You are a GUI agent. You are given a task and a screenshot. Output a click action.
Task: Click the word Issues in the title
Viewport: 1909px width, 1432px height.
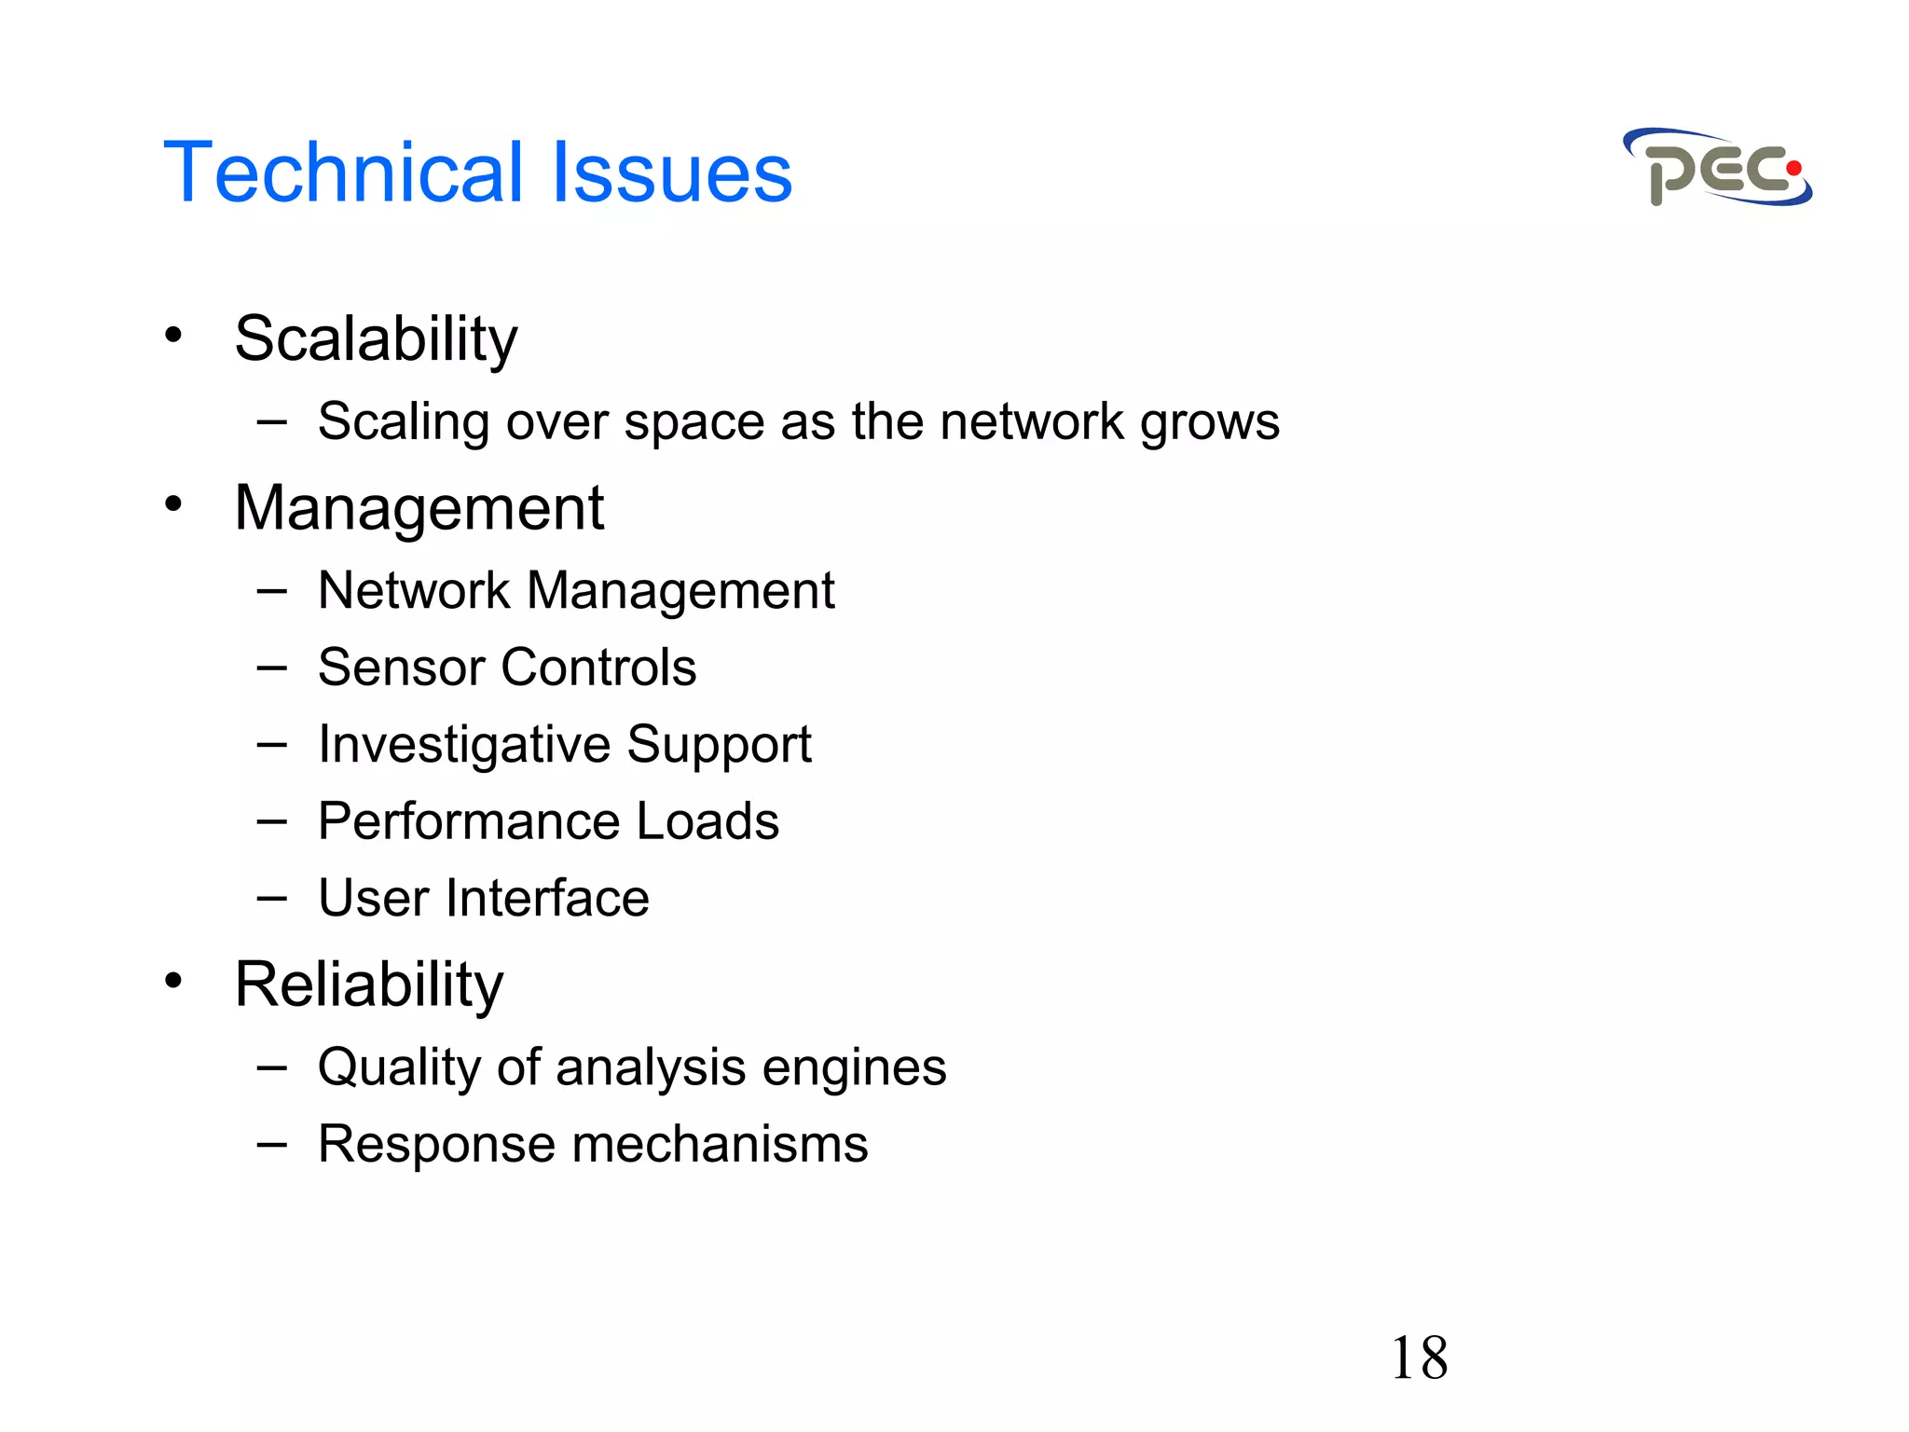point(671,172)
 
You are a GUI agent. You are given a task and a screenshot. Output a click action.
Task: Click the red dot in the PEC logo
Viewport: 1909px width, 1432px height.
point(1792,169)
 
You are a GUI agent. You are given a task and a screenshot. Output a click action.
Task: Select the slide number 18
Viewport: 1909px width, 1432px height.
point(1419,1357)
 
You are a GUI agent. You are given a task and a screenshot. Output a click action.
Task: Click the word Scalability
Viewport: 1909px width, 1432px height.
point(376,338)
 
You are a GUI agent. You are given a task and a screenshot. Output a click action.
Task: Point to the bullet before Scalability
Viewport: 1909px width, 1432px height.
point(173,335)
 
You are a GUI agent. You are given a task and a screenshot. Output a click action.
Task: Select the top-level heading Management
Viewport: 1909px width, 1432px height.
point(419,509)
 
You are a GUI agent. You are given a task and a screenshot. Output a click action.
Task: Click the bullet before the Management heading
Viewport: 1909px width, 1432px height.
point(173,504)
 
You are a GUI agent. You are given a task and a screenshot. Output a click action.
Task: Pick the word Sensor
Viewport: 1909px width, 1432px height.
point(401,668)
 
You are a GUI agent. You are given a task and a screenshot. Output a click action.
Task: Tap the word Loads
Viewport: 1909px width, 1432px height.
point(707,821)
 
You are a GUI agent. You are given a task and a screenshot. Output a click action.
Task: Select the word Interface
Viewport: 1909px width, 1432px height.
point(547,899)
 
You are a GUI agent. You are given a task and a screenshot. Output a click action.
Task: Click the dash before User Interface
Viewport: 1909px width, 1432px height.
point(271,899)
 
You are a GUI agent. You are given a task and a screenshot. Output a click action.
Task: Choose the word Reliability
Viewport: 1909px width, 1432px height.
point(369,984)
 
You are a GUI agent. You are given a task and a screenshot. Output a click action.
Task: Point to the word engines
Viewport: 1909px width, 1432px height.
point(853,1067)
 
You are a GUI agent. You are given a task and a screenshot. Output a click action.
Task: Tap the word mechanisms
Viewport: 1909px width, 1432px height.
point(720,1144)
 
